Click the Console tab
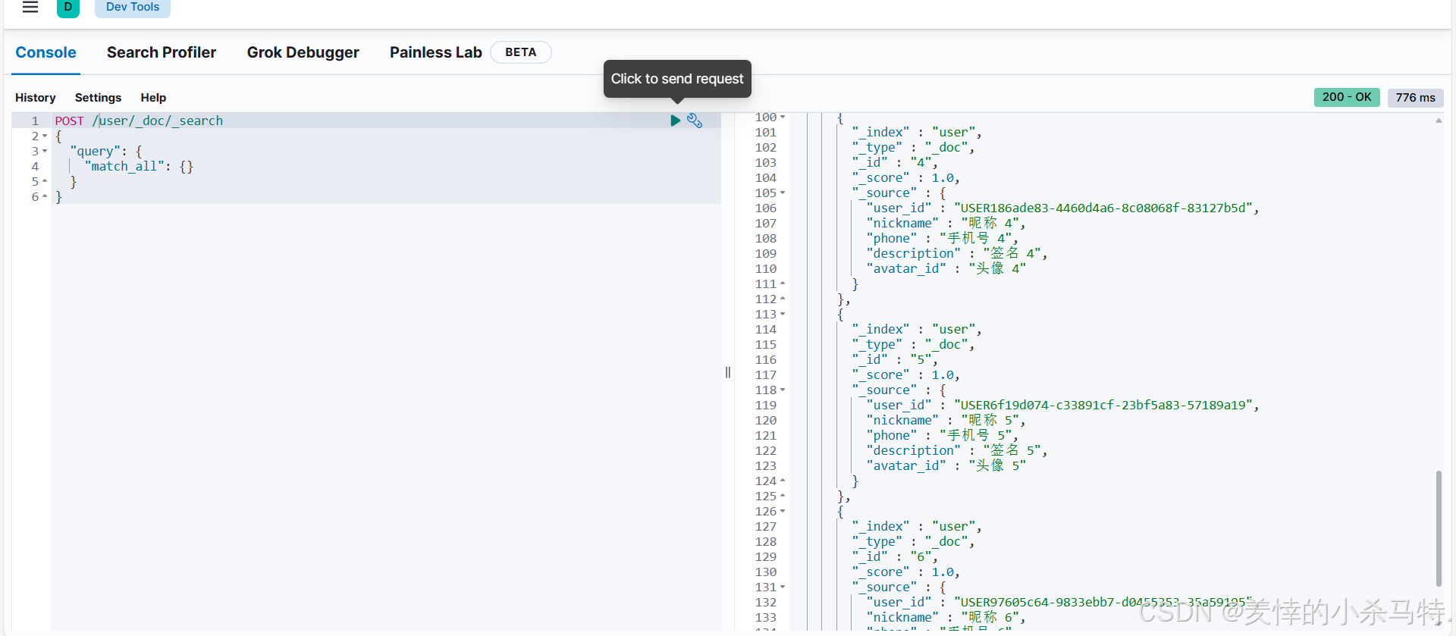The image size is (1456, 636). click(45, 52)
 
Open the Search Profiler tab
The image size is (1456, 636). click(161, 52)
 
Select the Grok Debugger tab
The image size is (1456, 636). click(303, 52)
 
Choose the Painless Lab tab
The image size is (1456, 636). click(435, 52)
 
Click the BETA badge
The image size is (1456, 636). click(520, 52)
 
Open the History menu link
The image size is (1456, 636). click(35, 98)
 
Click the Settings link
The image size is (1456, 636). click(98, 98)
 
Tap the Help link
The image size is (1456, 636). click(153, 98)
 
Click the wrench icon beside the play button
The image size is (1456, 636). click(695, 121)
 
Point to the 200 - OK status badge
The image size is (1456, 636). click(1346, 97)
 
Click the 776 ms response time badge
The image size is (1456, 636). click(1415, 98)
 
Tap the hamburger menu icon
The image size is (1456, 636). click(30, 8)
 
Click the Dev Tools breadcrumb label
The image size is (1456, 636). click(133, 7)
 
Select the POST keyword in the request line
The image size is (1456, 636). click(69, 121)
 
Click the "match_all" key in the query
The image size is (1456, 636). click(124, 167)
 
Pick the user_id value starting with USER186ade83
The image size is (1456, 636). click(1103, 208)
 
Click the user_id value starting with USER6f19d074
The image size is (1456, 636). click(1103, 406)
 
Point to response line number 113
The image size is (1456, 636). click(765, 315)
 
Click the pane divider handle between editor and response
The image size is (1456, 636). click(728, 372)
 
